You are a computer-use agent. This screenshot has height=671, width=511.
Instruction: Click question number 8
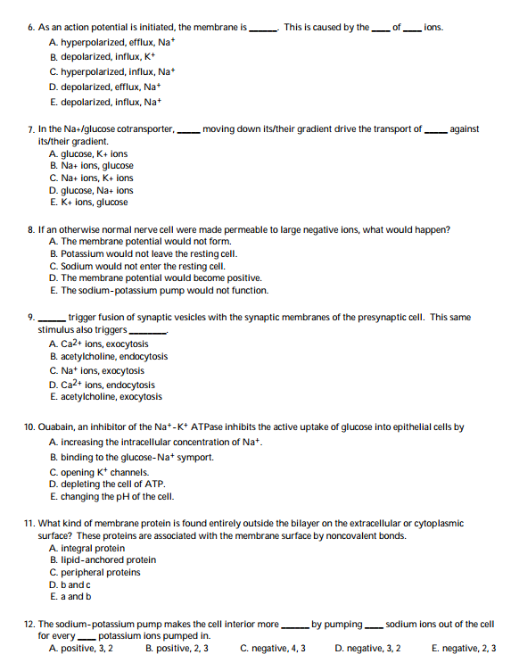coord(32,229)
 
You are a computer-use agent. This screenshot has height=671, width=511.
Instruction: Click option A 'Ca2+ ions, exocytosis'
coord(99,344)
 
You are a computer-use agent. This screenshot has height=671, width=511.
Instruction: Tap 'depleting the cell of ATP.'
coord(107,484)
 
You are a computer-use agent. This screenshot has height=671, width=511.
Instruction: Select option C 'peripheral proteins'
coord(96,572)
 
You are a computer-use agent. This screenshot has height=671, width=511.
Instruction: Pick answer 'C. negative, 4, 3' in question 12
coord(273,648)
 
